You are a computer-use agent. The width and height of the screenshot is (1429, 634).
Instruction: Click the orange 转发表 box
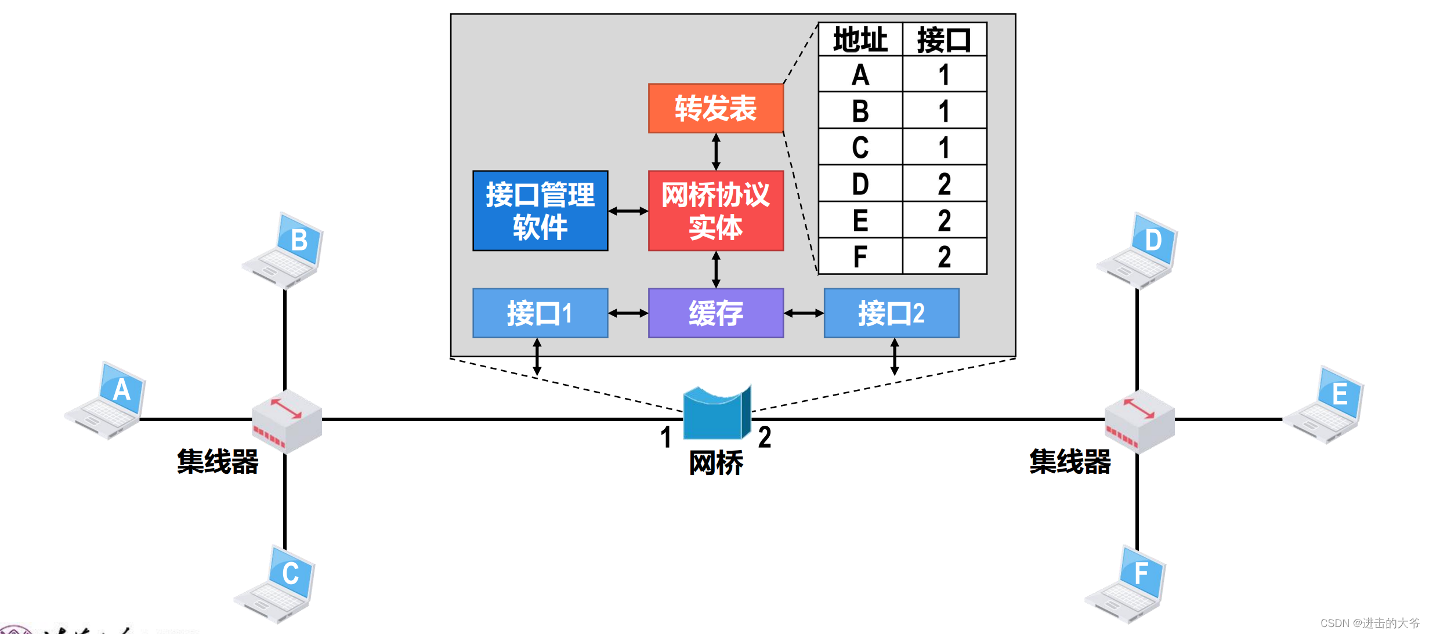point(715,108)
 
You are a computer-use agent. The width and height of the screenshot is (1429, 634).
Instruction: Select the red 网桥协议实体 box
point(715,211)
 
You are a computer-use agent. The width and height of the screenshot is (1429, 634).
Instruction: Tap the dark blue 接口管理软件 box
point(540,211)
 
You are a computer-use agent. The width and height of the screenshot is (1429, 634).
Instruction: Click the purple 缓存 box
point(715,313)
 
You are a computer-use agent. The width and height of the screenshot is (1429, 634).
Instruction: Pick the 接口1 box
point(540,313)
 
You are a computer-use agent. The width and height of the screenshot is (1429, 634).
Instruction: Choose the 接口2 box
point(891,313)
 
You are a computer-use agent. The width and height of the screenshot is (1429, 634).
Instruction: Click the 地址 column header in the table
point(860,40)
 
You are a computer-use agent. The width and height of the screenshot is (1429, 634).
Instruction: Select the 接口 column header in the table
point(944,40)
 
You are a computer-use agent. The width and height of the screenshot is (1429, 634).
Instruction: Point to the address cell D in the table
point(860,184)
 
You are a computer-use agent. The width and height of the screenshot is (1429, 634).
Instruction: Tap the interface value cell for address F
point(944,256)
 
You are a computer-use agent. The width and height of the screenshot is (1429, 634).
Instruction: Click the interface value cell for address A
point(944,74)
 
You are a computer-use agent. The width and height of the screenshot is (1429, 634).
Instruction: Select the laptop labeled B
point(284,251)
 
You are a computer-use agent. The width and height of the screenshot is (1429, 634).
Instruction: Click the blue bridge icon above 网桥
point(717,413)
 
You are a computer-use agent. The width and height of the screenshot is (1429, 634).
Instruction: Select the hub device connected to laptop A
point(287,421)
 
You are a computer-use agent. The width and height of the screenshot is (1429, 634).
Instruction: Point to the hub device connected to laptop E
point(1139,421)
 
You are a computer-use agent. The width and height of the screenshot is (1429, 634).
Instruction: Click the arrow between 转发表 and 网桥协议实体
point(716,152)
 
